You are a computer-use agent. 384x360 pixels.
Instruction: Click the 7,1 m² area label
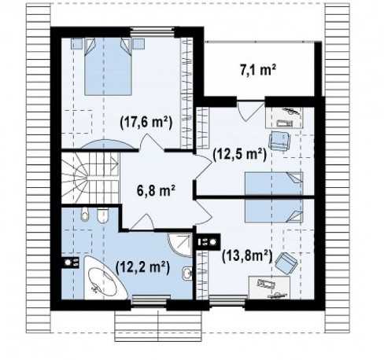click(258, 70)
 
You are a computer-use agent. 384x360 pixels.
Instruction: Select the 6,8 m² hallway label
click(156, 190)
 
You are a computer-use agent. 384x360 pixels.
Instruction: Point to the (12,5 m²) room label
click(240, 155)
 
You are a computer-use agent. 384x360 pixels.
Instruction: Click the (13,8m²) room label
click(246, 255)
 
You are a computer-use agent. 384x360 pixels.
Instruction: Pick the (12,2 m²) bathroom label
click(142, 267)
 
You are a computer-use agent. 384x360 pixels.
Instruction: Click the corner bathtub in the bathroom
click(105, 277)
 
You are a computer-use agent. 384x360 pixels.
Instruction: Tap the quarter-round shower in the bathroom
click(180, 244)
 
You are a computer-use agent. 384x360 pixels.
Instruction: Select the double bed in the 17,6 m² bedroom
click(108, 67)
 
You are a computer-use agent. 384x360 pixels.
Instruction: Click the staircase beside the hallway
click(90, 178)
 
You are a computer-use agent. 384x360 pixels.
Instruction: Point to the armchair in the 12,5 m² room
click(279, 141)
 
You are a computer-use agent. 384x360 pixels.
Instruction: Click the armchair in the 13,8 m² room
click(286, 262)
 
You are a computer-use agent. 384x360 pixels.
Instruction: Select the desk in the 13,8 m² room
click(269, 288)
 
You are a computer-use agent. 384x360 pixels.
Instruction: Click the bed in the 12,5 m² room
click(274, 183)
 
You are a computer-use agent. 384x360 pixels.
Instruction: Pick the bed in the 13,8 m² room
click(274, 211)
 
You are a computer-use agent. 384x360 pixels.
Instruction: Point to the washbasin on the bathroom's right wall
click(187, 274)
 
